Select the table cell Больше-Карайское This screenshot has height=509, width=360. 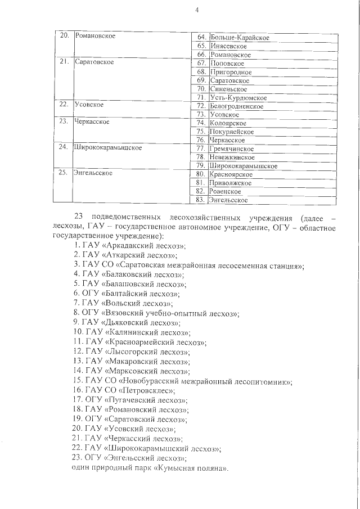tap(238, 38)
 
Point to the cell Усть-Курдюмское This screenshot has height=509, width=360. tap(237, 98)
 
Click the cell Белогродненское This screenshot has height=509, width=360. tap(236, 106)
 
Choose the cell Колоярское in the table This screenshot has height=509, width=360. tap(227, 123)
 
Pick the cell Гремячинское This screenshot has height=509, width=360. tap(231, 148)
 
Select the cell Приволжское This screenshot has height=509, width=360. tap(229, 182)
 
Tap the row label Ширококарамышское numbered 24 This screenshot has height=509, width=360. tap(107, 148)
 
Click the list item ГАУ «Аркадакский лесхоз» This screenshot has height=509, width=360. tap(130, 246)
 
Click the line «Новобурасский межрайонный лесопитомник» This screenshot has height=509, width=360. tap(197, 381)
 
